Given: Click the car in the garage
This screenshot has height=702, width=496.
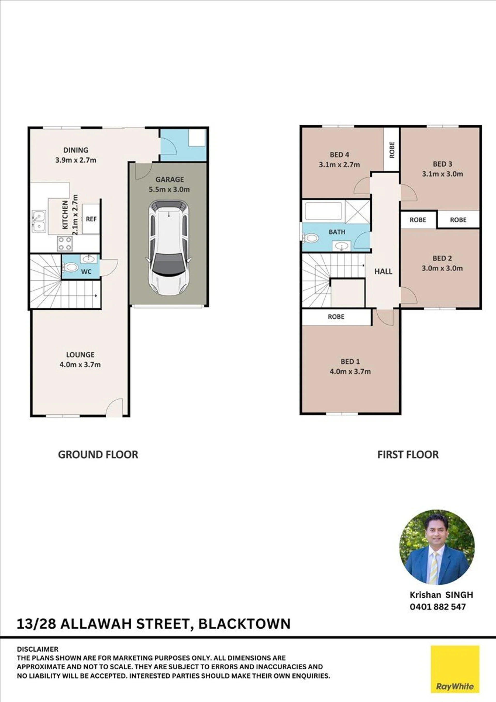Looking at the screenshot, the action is (169, 248).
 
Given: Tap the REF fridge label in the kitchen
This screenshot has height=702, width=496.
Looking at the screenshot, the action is (91, 219).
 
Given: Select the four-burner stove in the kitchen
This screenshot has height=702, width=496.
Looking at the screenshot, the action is (65, 244).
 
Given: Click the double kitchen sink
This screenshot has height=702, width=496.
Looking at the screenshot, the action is (39, 221).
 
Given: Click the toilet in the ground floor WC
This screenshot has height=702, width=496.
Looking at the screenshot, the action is (70, 267).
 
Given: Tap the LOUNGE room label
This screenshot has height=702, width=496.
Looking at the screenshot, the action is (80, 354).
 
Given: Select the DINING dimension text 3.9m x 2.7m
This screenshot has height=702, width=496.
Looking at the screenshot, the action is (76, 160).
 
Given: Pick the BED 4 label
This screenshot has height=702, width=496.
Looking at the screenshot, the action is (339, 155).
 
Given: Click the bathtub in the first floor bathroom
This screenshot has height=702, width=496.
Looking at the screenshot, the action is (324, 211).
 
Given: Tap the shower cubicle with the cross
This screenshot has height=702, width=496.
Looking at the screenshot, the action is (357, 211).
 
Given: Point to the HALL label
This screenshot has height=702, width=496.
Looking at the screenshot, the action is (383, 271).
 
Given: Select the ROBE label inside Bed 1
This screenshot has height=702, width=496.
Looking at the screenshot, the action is (336, 317).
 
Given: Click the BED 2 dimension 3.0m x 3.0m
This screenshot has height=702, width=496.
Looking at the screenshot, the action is (442, 268).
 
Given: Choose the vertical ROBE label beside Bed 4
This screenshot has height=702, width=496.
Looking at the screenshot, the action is (392, 150).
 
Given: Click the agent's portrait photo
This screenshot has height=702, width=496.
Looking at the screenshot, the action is (437, 547).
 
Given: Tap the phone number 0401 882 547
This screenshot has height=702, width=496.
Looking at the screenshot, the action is (438, 607).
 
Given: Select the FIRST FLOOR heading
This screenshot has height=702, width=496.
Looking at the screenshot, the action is (408, 454).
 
